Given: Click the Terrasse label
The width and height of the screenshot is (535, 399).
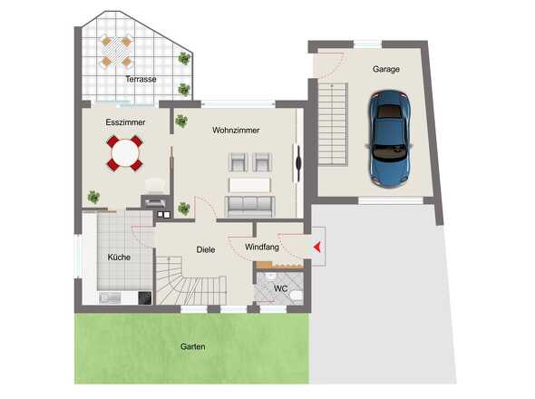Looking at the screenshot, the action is pyautogui.click(x=141, y=79).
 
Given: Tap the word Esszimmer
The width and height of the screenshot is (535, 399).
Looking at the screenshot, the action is pyautogui.click(x=125, y=122).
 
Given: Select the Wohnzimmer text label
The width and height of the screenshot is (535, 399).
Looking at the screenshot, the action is pyautogui.click(x=236, y=130).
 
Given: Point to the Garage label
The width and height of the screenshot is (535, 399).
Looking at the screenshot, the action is pyautogui.click(x=386, y=69).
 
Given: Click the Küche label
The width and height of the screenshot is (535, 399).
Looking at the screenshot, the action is pyautogui.click(x=119, y=257).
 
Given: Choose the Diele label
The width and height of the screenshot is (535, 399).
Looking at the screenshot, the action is pyautogui.click(x=206, y=249).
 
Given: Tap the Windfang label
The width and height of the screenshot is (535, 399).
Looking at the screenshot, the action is pyautogui.click(x=262, y=248).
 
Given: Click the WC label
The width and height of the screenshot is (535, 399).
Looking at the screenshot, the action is pyautogui.click(x=280, y=288).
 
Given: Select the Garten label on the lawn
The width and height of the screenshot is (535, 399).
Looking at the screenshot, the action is pyautogui.click(x=193, y=346).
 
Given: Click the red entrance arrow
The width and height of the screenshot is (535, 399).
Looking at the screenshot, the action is pyautogui.click(x=317, y=247).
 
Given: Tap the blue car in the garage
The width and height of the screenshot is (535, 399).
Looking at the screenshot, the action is pyautogui.click(x=389, y=139).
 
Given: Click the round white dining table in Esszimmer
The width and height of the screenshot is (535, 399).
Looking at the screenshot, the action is pyautogui.click(x=125, y=153).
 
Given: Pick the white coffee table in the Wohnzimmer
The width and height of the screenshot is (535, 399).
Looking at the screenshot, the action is pyautogui.click(x=249, y=186).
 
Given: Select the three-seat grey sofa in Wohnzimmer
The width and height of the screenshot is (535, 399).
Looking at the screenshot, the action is pyautogui.click(x=249, y=206).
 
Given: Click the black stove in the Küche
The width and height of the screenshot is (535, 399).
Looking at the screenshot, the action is pyautogui.click(x=145, y=297).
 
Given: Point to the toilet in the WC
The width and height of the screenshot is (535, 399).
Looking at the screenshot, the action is pyautogui.click(x=297, y=296).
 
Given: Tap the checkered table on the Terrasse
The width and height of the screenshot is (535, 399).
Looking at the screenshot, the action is pyautogui.click(x=116, y=52).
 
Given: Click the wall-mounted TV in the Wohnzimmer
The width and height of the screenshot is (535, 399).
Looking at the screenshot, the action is pyautogui.click(x=298, y=163).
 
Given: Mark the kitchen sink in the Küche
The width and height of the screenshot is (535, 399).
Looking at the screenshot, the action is pyautogui.click(x=110, y=298).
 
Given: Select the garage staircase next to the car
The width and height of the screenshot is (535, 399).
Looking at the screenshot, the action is pyautogui.click(x=333, y=124).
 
